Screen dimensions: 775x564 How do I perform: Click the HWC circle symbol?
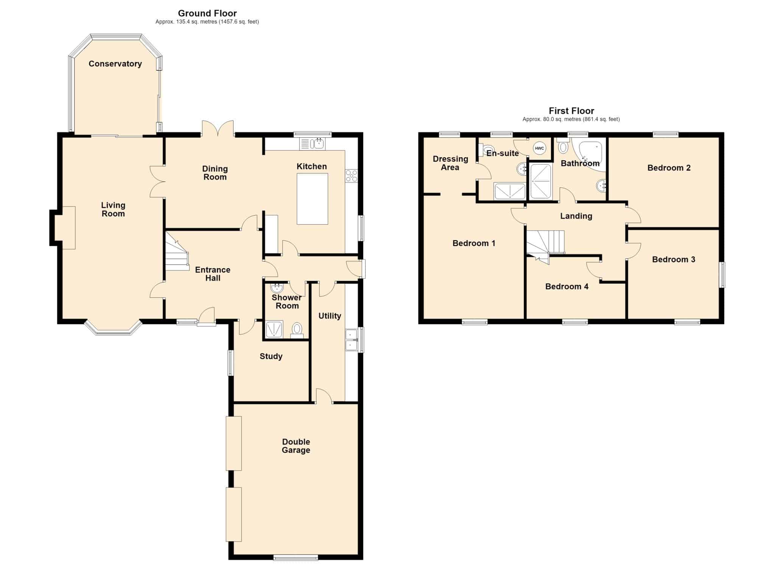click(x=540, y=148)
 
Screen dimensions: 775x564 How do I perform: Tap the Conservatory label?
click(x=115, y=64)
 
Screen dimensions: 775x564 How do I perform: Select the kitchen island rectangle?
click(x=312, y=199)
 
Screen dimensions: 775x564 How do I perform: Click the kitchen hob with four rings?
click(x=351, y=176)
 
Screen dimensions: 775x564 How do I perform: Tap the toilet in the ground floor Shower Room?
click(x=297, y=330)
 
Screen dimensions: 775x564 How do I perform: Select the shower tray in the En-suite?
click(x=510, y=191)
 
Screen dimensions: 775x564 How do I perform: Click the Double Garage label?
click(x=296, y=446)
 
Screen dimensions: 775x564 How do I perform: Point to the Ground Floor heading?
click(x=207, y=14)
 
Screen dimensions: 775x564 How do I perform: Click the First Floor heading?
click(x=571, y=111)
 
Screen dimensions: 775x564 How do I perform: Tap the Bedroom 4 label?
click(x=566, y=286)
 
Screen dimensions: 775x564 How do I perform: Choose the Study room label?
click(x=271, y=356)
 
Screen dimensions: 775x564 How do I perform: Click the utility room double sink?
click(x=351, y=340)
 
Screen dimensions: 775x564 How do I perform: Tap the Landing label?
click(x=576, y=216)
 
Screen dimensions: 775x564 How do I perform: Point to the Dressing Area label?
click(x=450, y=163)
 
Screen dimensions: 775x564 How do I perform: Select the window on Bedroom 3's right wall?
click(x=722, y=275)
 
